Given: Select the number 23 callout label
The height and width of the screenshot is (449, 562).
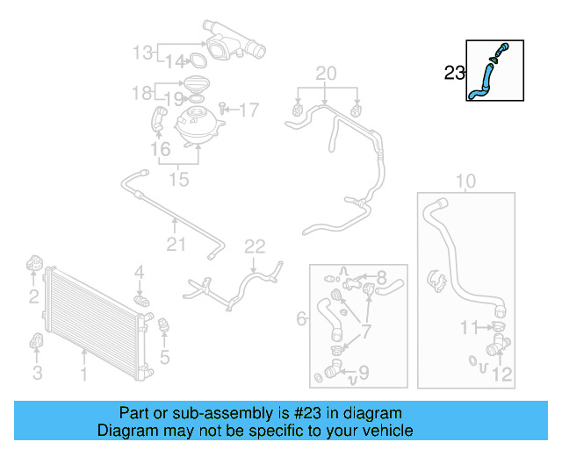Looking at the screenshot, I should point(454,74).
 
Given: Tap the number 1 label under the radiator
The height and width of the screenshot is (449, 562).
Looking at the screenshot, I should point(83,375).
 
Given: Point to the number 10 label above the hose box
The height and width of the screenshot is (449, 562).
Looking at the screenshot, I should point(465,182).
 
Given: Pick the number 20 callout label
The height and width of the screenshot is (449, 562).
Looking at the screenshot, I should point(326,73).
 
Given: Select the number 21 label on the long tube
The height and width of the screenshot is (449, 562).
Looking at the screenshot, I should point(177,244).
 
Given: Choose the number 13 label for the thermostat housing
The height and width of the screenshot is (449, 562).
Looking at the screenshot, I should point(142,53).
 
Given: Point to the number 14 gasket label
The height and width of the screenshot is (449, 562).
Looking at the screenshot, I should point(176,61).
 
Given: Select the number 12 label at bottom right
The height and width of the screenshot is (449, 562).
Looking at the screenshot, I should point(501,375).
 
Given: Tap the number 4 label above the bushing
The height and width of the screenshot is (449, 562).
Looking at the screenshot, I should point(139,276).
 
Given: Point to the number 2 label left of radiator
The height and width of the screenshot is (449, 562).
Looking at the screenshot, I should point(33,296).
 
